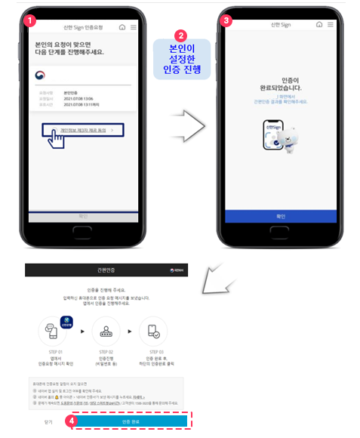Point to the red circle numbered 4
point(70,420)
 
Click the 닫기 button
point(48,421)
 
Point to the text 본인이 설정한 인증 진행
point(180,60)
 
